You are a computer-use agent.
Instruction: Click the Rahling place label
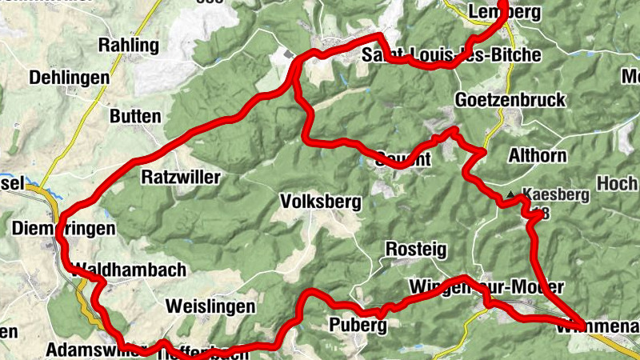click(x=128, y=45)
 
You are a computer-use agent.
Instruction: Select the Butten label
click(x=135, y=116)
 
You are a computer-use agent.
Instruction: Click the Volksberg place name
click(x=321, y=202)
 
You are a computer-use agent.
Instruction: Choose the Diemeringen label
click(x=64, y=229)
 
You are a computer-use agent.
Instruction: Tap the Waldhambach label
click(x=129, y=270)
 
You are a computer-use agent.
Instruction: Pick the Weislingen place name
click(x=210, y=306)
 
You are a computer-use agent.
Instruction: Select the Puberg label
click(x=358, y=325)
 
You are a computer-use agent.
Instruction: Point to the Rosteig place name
click(x=416, y=249)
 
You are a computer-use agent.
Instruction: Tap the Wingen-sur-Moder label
click(x=486, y=286)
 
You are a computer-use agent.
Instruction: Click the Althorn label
click(x=537, y=155)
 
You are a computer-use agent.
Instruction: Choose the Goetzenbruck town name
click(x=509, y=100)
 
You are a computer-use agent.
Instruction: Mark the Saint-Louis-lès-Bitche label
click(x=451, y=55)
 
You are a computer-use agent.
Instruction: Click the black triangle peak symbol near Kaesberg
click(x=511, y=194)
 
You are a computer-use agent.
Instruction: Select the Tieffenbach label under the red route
click(x=197, y=352)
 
